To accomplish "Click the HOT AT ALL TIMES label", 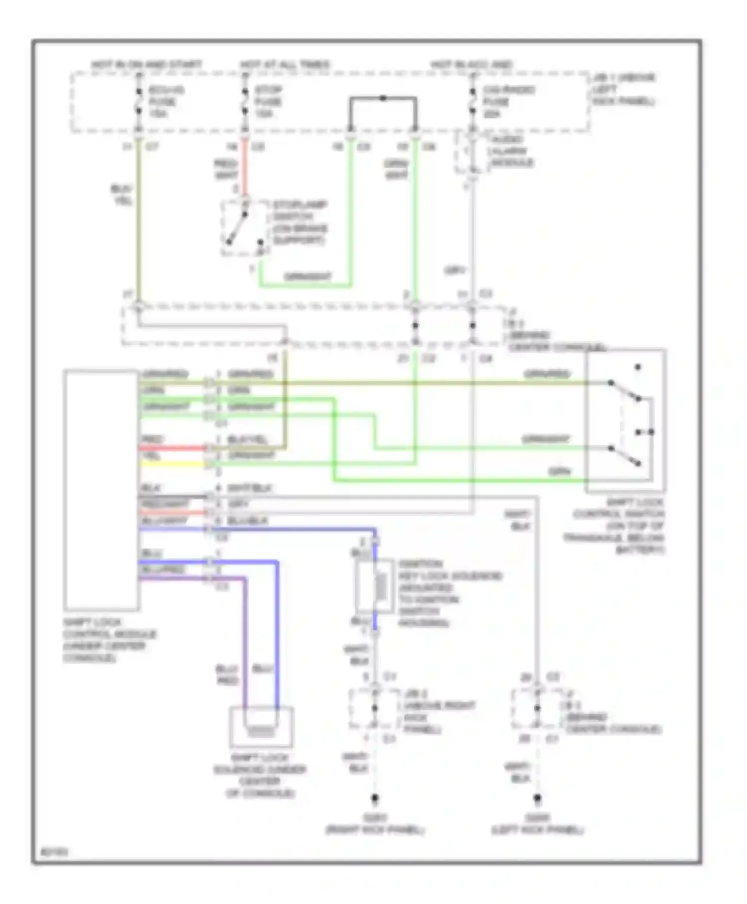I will click(284, 65).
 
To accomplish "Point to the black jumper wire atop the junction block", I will click(382, 99).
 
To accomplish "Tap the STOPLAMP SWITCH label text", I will click(299, 222).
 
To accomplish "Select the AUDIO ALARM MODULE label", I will click(512, 151).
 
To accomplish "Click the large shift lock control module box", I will click(102, 490).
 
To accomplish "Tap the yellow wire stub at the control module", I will click(172, 464).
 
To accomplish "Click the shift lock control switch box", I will click(625, 421).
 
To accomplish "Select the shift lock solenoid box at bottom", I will click(261, 727).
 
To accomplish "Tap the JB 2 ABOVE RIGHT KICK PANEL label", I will click(438, 712).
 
